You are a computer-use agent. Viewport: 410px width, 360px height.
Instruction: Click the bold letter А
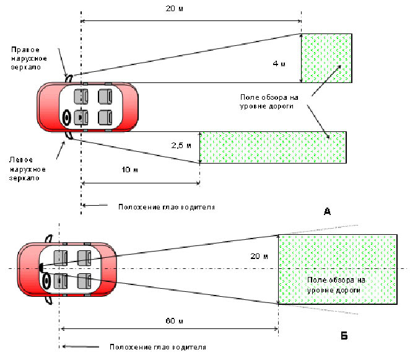[328, 212]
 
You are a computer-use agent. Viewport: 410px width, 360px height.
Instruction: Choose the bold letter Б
[344, 336]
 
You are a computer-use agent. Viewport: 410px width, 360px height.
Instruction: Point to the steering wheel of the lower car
[46, 282]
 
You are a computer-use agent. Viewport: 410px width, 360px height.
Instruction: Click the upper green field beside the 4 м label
[326, 58]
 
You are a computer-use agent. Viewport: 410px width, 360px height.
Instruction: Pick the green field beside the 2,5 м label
[273, 147]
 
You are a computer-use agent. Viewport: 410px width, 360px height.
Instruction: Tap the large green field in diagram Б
[338, 270]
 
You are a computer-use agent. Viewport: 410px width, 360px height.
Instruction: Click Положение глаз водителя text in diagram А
[166, 206]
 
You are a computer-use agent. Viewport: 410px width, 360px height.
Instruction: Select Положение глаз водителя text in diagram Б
[157, 347]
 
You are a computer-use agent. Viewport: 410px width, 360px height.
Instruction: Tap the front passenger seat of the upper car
[80, 97]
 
